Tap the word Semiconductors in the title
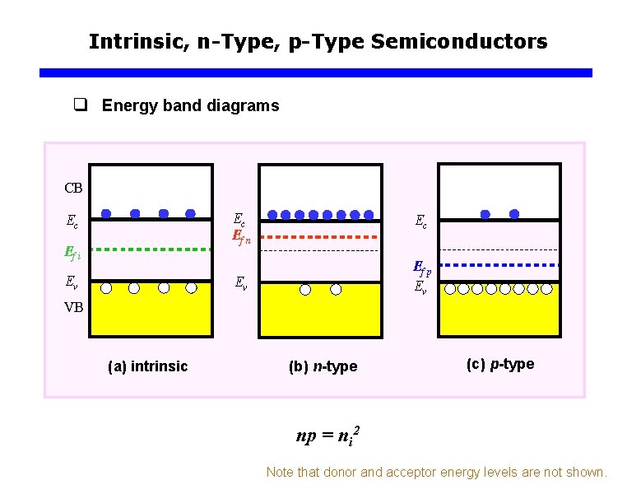(459, 41)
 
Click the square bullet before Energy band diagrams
(80, 105)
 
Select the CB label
(73, 187)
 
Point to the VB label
(74, 307)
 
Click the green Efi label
(72, 254)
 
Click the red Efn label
(241, 240)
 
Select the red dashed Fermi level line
(320, 235)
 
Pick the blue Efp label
(421, 269)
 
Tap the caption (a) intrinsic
(148, 366)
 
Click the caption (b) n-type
(323, 366)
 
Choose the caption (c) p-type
(499, 364)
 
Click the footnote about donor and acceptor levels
(436, 473)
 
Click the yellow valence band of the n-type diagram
(320, 317)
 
